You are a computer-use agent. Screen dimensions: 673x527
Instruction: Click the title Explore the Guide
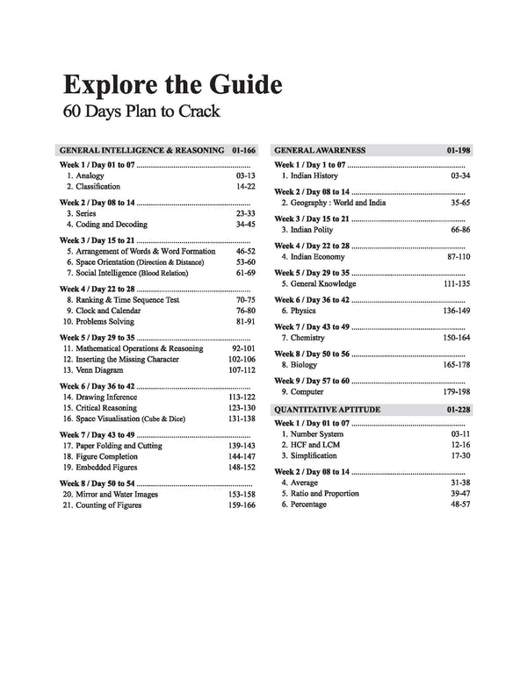(172, 86)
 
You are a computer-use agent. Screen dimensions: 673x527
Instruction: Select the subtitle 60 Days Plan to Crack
(141, 112)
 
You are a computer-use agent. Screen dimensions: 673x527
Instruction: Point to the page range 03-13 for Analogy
(244, 175)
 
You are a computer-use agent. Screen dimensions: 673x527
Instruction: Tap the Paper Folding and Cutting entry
(119, 446)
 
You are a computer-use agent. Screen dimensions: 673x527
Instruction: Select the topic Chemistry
(303, 338)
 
